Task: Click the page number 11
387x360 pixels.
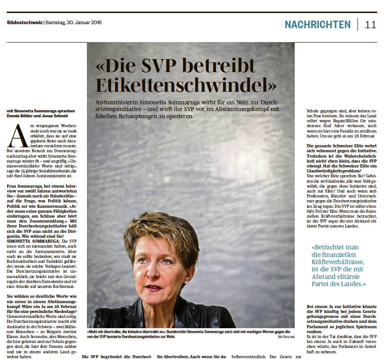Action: [x=370, y=24]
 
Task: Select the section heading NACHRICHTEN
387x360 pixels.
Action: [x=318, y=24]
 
